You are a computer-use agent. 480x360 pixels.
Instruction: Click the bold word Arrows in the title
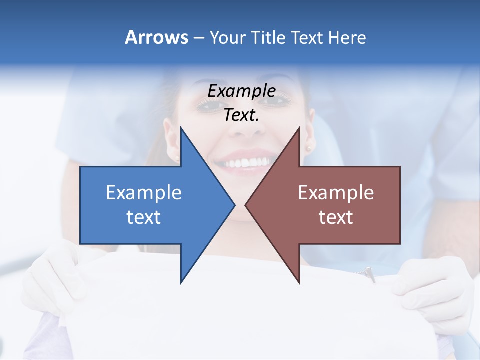point(156,37)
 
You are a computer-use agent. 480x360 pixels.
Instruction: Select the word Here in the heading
point(347,37)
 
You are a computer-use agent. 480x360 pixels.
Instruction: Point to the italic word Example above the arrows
point(242,91)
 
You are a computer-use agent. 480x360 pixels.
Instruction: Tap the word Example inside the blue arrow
point(144,192)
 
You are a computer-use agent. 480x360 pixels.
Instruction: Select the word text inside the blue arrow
point(144,217)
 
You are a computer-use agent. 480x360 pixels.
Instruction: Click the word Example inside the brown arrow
point(336,192)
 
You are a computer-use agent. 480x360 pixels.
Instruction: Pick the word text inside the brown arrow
point(336,217)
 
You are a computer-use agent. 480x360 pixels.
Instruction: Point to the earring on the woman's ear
point(308,148)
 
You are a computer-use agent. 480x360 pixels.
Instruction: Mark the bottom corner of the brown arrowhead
point(299,282)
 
